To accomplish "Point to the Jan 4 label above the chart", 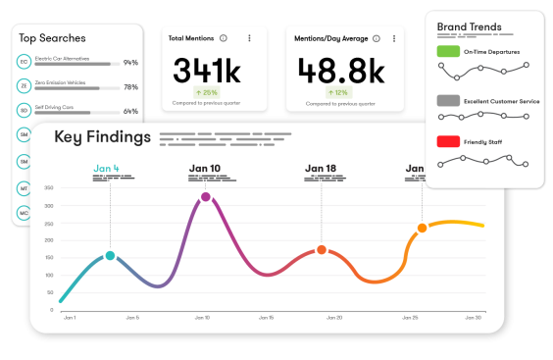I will click(x=107, y=169).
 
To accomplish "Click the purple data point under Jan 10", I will click(x=206, y=197).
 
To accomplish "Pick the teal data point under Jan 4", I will click(x=110, y=255).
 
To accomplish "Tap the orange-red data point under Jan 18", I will click(x=321, y=250).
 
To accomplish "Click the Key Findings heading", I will click(x=102, y=136).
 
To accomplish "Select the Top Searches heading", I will click(x=52, y=38).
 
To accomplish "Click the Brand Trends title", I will click(x=469, y=26).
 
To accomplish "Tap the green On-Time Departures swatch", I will click(x=449, y=50).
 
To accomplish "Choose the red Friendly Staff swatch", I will click(x=449, y=141).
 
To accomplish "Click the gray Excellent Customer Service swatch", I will click(x=449, y=100).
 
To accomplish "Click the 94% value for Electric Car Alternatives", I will click(x=130, y=63).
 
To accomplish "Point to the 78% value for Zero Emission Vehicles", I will click(x=130, y=87).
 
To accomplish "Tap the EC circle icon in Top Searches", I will click(x=24, y=62).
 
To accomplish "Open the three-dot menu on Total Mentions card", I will click(x=249, y=38).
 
